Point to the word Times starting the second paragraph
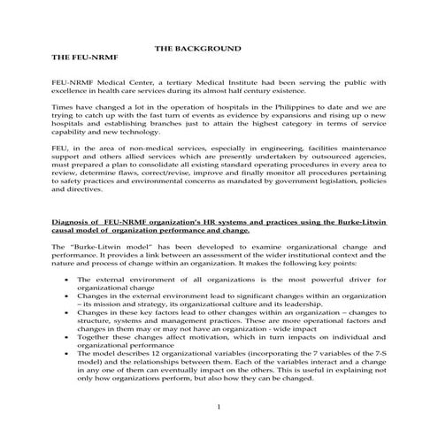pos(63,105)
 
